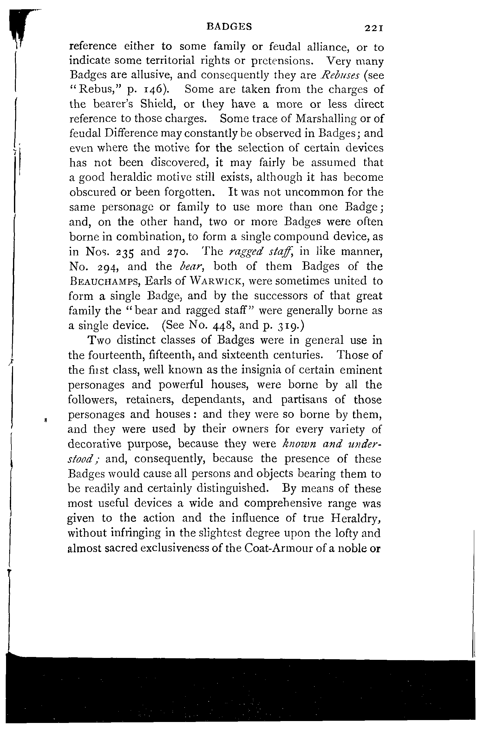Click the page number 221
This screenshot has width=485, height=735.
pos(374,28)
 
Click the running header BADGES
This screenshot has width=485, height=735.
pos(229,27)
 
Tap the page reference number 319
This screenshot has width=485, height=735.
pos(287,326)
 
